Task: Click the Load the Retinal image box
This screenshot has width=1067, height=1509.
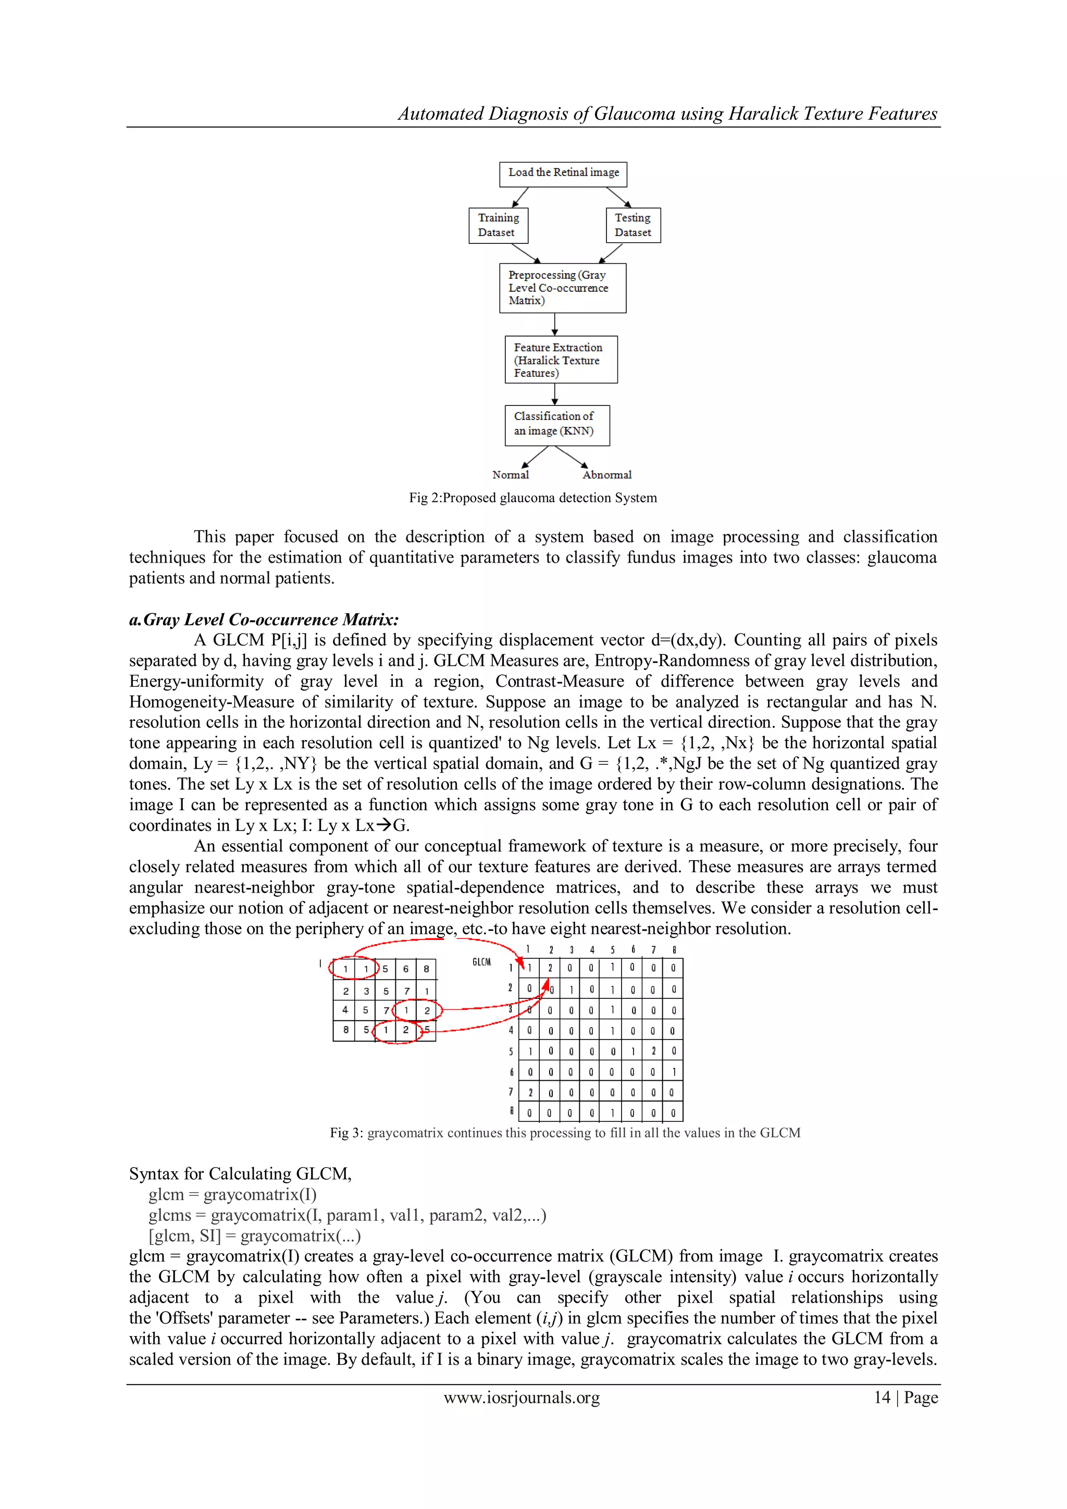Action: tap(563, 174)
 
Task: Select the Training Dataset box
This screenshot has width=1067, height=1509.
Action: tap(498, 226)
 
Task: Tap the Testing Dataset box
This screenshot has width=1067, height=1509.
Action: tap(632, 226)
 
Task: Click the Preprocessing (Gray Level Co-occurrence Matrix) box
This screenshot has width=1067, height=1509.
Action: tap(562, 288)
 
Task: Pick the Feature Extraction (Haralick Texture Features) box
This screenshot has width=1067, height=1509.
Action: tap(561, 360)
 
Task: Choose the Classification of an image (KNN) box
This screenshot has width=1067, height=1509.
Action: tap(556, 425)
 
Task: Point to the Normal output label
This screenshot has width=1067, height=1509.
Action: tap(511, 475)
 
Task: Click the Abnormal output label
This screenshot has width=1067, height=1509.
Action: tap(606, 475)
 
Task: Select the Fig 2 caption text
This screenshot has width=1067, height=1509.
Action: tap(533, 498)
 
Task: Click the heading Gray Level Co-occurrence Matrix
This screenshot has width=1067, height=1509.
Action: tap(271, 620)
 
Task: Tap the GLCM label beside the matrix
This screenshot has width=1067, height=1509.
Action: tap(481, 962)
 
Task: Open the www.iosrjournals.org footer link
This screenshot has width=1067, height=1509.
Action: tap(522, 1397)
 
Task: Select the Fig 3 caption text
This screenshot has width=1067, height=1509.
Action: tap(565, 1133)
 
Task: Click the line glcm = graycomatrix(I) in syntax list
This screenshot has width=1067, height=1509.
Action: tap(232, 1195)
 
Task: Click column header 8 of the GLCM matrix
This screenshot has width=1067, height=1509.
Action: tap(674, 950)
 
